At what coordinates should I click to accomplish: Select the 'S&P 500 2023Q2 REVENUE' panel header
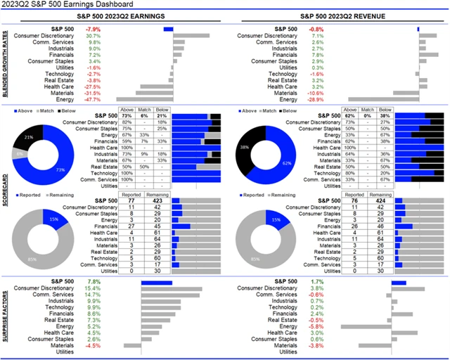337,18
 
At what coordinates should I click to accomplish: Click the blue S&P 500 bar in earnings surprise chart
157,282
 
